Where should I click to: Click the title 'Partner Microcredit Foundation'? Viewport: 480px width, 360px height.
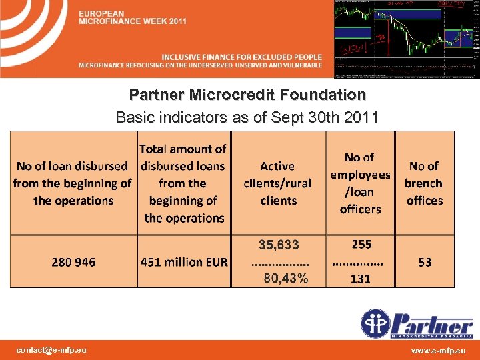(x=247, y=95)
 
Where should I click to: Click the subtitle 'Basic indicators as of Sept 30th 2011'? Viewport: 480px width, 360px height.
(x=247, y=118)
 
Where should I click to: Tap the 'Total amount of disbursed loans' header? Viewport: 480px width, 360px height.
(x=184, y=183)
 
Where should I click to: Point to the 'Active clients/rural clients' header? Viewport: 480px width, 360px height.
(x=277, y=183)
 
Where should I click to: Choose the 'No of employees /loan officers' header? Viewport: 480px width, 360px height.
(x=360, y=183)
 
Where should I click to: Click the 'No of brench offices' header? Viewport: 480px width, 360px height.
(x=424, y=183)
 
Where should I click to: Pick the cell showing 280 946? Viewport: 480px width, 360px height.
(x=73, y=262)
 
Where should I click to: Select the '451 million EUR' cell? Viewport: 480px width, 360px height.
(x=184, y=262)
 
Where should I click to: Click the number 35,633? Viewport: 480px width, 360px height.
(x=279, y=245)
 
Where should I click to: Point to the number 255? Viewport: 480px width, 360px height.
(x=361, y=245)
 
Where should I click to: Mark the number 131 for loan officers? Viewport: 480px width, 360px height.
(x=360, y=279)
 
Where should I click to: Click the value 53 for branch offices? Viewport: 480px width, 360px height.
(x=425, y=262)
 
